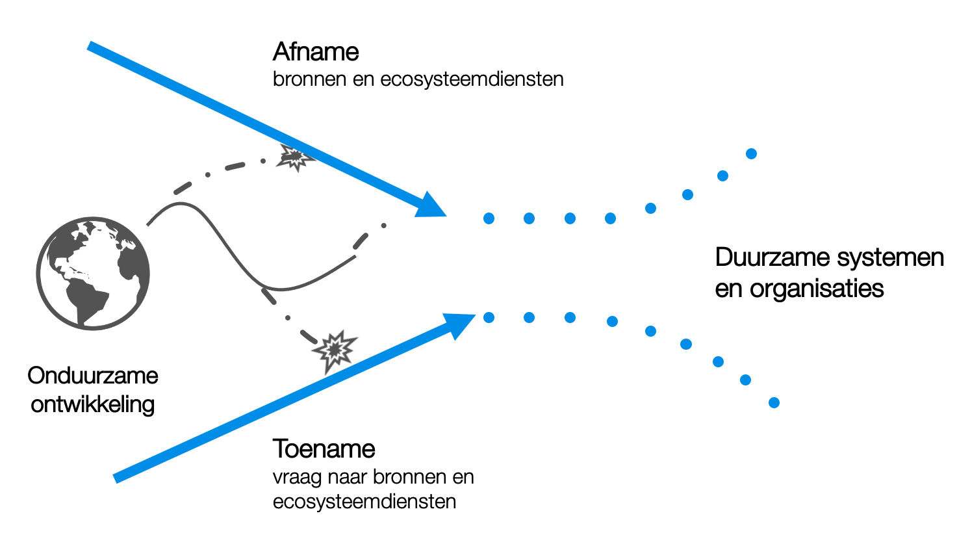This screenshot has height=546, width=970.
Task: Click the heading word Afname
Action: pos(316,52)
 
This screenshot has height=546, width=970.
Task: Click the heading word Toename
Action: pos(324,449)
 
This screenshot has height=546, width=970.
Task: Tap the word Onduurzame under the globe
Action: pos(93,376)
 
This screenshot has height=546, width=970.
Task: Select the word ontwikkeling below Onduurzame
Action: pos(93,404)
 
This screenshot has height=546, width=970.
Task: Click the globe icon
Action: pos(93,274)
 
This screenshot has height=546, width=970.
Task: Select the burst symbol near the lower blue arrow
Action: pos(335,351)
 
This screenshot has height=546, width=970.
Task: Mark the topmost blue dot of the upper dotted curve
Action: pos(751,154)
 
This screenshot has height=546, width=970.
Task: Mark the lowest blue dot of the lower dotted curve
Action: pos(774,403)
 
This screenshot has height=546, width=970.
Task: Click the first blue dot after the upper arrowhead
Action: pos(489,218)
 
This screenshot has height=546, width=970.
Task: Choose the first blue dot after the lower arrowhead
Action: pos(489,317)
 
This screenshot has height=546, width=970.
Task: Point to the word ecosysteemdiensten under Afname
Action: pos(472,80)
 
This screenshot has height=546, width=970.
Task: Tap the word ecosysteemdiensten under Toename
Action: pos(364,502)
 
